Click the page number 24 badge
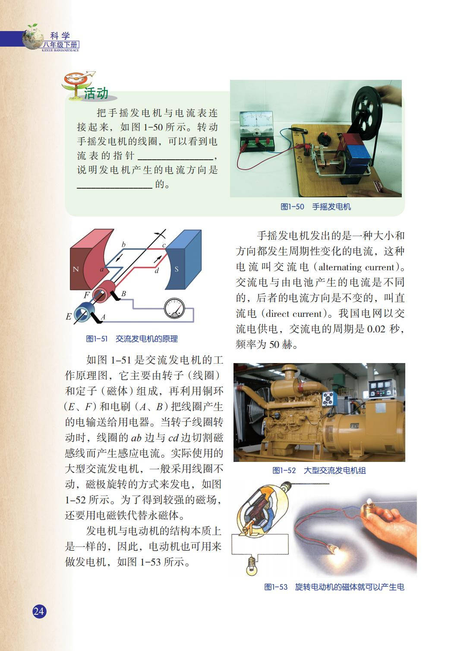39,611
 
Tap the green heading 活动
96,93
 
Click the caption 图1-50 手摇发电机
316,207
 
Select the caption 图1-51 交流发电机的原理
132,338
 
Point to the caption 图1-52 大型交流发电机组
319,470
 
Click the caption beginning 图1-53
334,587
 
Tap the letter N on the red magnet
76,269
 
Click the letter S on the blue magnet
177,269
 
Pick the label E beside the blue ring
69,316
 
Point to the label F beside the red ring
86,295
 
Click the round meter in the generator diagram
174,308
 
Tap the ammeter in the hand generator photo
256,131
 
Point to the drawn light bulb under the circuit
252,565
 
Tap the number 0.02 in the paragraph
376,329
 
